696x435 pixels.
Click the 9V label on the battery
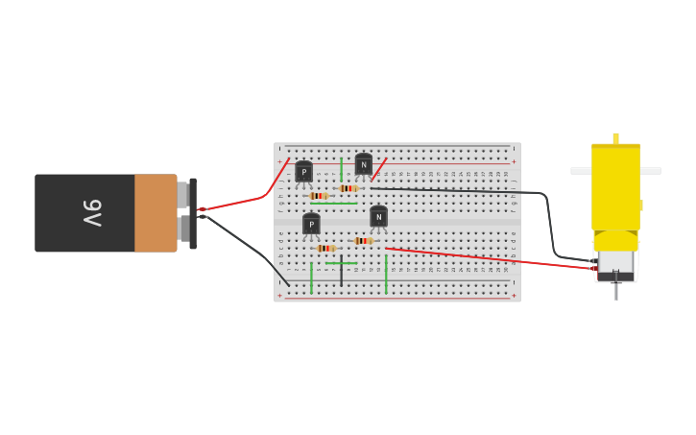91,213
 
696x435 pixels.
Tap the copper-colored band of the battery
156,213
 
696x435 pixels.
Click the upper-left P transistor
303,172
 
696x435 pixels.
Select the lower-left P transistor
311,224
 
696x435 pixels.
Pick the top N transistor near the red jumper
363,164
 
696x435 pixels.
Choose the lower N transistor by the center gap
378,217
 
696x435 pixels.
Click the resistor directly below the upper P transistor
318,196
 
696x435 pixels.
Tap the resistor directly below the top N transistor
348,188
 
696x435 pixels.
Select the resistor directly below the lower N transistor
363,240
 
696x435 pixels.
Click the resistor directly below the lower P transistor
325,248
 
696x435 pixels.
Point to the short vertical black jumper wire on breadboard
341,271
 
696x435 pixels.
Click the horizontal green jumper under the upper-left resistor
333,204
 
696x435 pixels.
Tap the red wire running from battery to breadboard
235,203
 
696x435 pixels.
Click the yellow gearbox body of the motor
615,187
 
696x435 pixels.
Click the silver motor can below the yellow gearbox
615,261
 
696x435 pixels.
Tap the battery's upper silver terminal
182,195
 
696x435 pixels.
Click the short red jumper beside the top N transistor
379,169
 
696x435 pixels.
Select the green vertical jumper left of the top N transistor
341,169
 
